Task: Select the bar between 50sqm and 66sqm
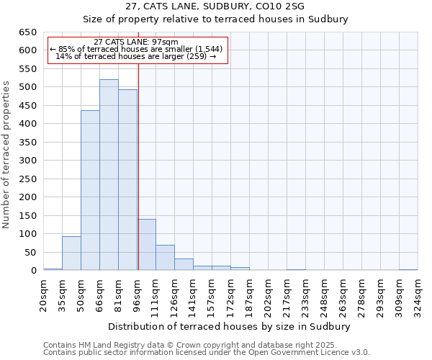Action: pyautogui.click(x=90, y=190)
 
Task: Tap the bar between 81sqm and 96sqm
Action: pyautogui.click(x=127, y=180)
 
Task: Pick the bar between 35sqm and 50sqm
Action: pyautogui.click(x=71, y=253)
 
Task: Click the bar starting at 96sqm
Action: pyautogui.click(x=146, y=245)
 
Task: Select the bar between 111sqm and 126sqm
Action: pyautogui.click(x=165, y=258)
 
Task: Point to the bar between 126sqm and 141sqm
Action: pyautogui.click(x=184, y=264)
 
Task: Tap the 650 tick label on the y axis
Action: pyautogui.click(x=28, y=32)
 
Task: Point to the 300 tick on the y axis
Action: pyautogui.click(x=28, y=161)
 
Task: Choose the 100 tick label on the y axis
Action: pyautogui.click(x=28, y=234)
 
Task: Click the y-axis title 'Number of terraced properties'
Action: pyautogui.click(x=7, y=154)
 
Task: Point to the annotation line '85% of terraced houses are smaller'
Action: pyautogui.click(x=136, y=49)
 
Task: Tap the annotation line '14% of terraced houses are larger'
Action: pyautogui.click(x=136, y=56)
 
